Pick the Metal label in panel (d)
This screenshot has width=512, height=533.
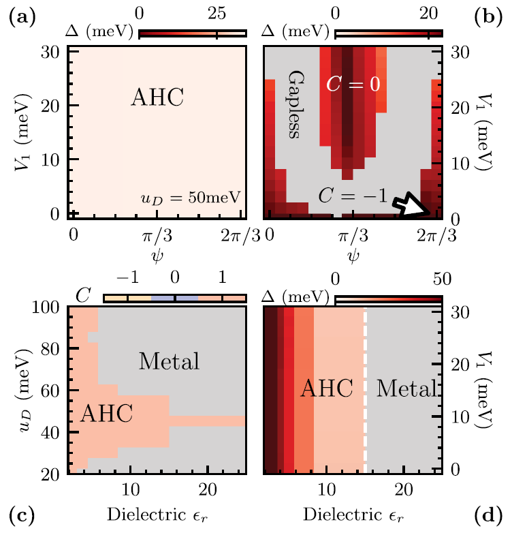point(406,389)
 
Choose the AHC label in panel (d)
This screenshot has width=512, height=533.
point(327,389)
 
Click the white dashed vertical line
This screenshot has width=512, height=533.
point(366,389)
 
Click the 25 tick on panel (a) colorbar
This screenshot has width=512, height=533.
point(217,14)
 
